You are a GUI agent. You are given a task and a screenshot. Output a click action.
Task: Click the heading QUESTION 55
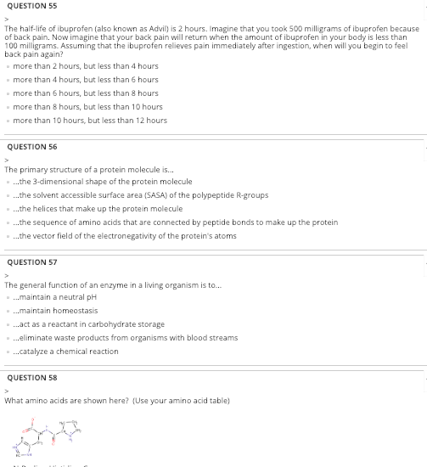31,6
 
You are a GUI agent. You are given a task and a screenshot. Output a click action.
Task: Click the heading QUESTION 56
31,147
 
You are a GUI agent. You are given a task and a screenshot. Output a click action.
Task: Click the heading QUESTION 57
31,262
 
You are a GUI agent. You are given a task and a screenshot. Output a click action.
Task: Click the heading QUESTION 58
31,378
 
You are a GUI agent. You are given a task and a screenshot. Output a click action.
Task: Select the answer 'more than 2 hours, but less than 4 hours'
85,66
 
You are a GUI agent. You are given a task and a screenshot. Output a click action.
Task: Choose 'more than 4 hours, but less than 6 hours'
85,80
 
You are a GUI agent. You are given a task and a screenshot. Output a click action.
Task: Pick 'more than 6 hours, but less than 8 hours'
85,93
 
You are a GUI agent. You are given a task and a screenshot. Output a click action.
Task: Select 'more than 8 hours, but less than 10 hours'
87,107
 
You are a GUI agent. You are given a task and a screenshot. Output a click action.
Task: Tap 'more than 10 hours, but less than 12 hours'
89,121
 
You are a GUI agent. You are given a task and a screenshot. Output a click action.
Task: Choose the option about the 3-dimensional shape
102,182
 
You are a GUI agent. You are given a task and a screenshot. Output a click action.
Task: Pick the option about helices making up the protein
98,209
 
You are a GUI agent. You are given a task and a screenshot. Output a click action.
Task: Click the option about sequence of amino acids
174,222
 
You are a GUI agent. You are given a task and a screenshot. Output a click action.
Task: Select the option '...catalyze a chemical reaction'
65,352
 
